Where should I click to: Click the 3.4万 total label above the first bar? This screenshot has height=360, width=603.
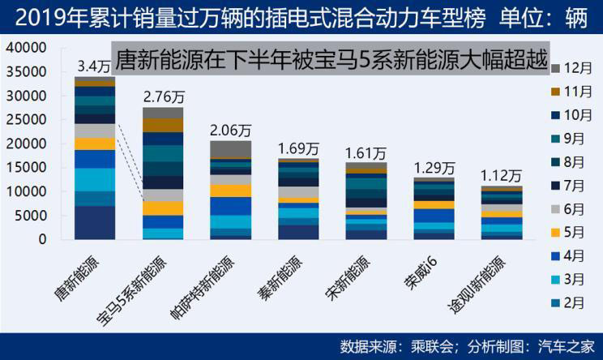(x=95, y=66)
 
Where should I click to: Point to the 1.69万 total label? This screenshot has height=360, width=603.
(x=299, y=148)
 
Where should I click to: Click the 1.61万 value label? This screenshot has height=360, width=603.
(x=366, y=153)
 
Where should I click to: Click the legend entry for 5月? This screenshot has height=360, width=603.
(x=572, y=231)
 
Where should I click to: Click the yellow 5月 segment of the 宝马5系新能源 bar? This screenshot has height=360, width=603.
(x=162, y=208)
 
